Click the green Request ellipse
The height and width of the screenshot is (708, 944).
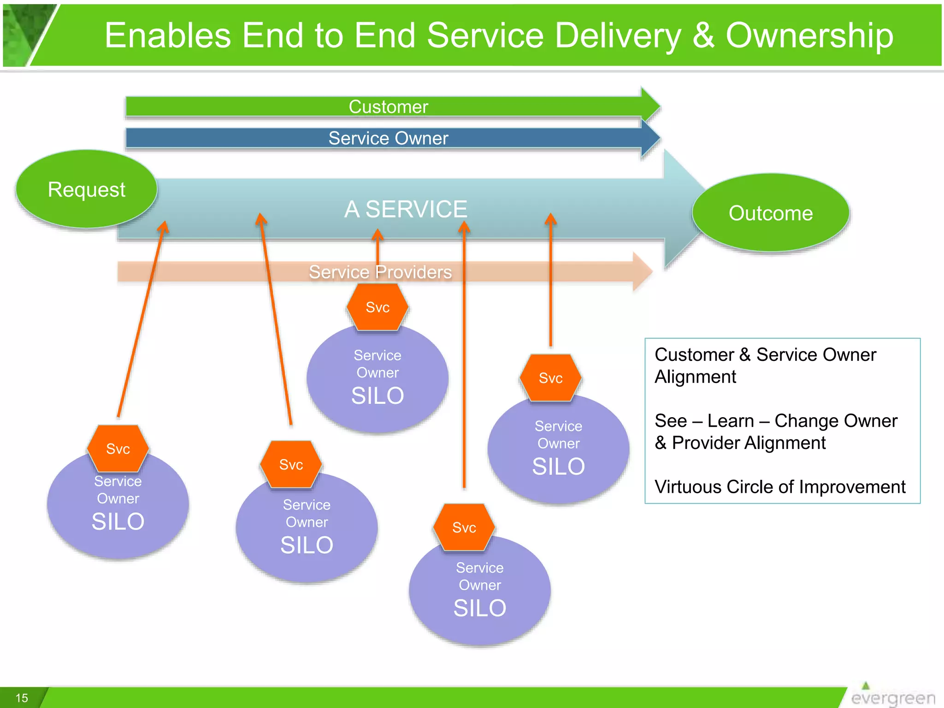pos(86,189)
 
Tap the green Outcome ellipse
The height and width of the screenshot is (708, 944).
pos(770,213)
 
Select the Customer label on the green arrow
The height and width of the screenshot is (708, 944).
pos(388,107)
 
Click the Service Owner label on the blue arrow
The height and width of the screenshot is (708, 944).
pos(388,138)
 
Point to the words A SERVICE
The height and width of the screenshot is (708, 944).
pos(406,209)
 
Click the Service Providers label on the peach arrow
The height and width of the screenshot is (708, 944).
pos(380,272)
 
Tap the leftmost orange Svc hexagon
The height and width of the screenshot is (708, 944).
pos(118,448)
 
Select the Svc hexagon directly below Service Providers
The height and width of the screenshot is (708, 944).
pos(378,307)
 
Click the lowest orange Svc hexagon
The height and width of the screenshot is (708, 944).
pos(464,527)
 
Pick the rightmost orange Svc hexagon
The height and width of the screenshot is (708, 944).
pos(550,378)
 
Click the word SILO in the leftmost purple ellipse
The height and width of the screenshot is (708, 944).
pos(118,522)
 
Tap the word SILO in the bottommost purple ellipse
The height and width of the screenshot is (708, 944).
pos(479,608)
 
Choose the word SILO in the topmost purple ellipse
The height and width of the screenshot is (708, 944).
pos(378,395)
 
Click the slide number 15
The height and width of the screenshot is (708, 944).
pos(22,698)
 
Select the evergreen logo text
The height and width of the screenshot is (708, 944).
pos(893,698)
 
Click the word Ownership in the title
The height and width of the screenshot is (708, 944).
pos(809,35)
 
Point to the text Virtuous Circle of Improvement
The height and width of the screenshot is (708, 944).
pos(780,487)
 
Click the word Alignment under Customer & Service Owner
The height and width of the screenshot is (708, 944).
pos(695,377)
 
